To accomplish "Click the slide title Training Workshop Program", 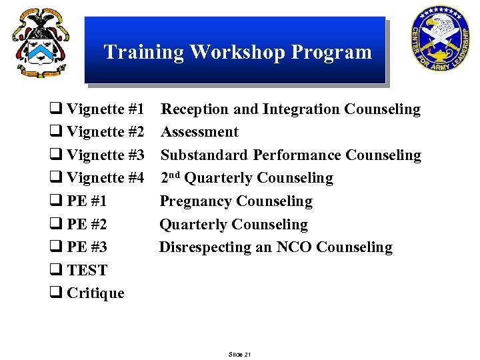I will click(x=237, y=52).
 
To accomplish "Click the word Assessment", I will click(x=199, y=132).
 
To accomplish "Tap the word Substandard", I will click(x=204, y=155).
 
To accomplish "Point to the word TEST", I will click(x=87, y=271).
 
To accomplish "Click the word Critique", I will click(x=95, y=293).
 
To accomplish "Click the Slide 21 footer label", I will click(x=239, y=354).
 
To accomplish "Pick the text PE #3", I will click(x=87, y=247).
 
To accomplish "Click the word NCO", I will click(x=294, y=247).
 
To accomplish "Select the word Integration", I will click(x=301, y=109).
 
